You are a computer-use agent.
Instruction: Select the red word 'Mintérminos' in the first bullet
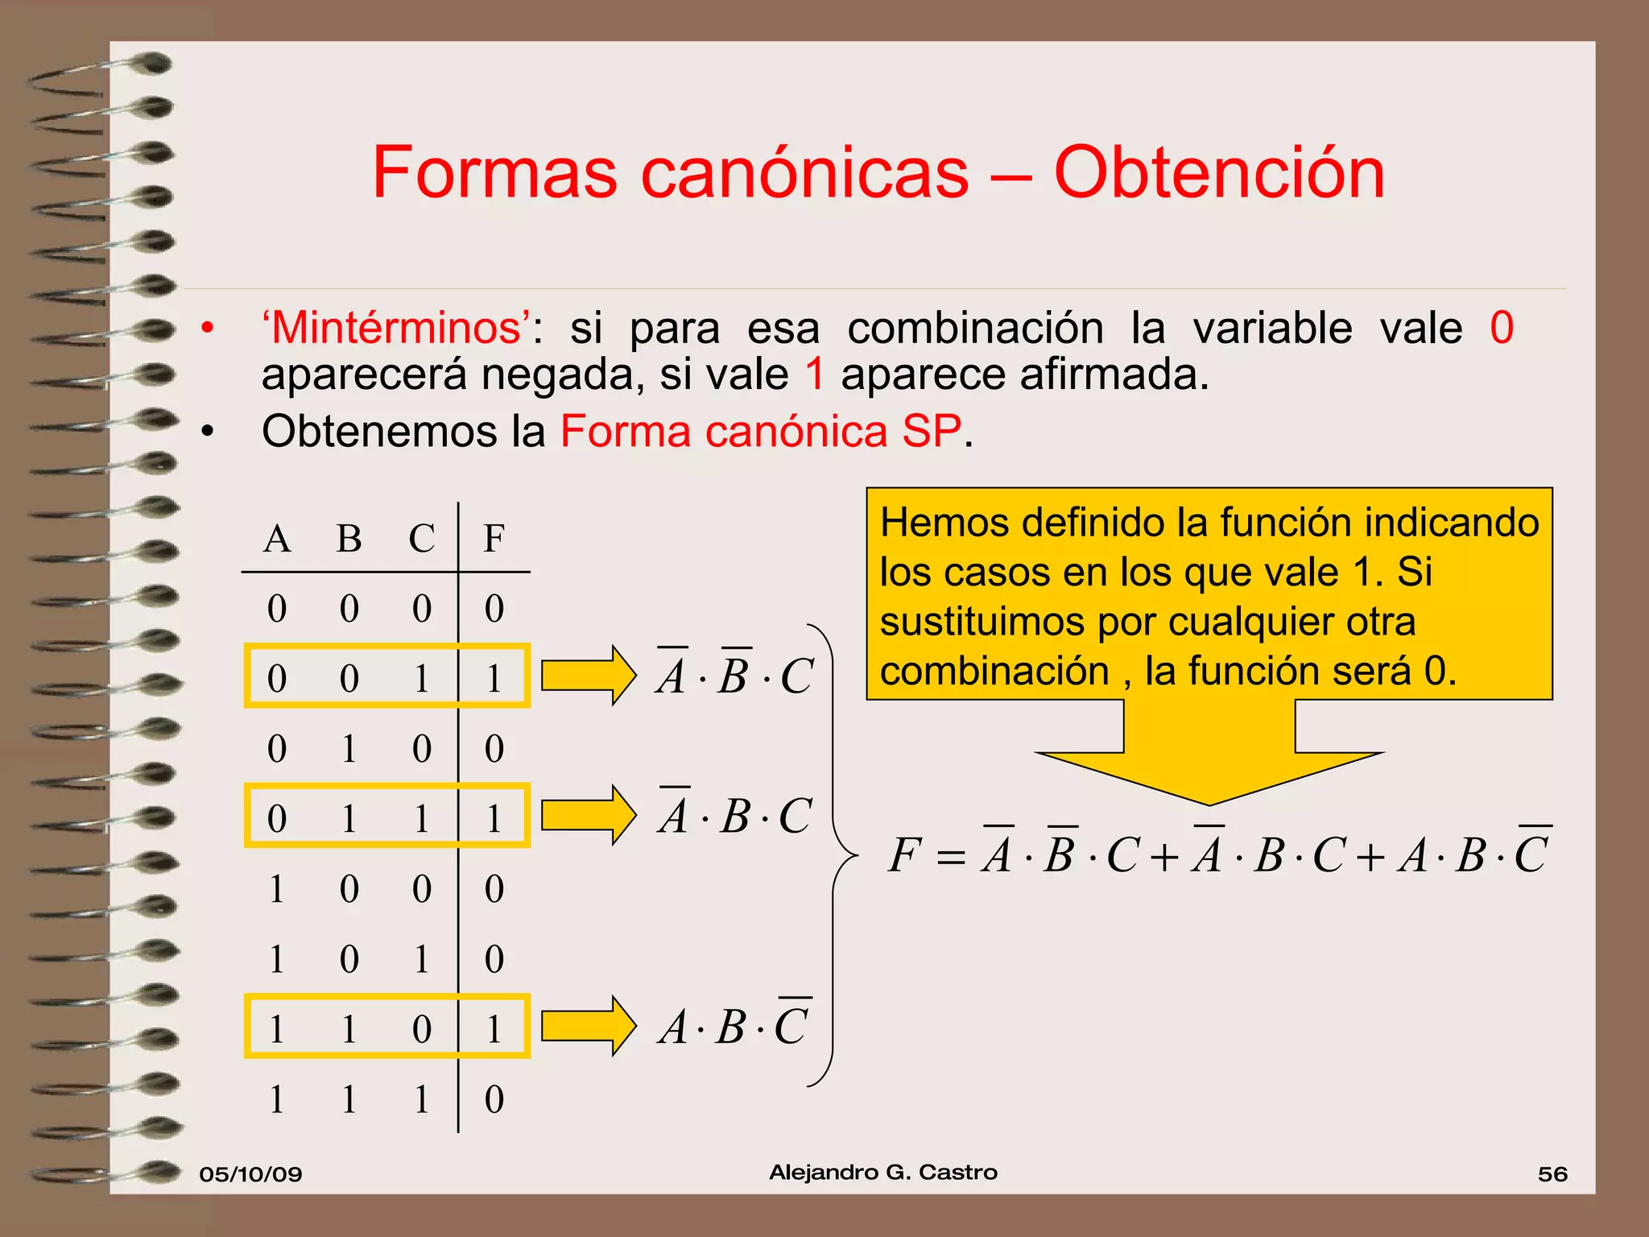(396, 329)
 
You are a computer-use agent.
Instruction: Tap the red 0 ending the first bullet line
(1501, 328)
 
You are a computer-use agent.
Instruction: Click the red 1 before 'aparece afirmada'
(815, 374)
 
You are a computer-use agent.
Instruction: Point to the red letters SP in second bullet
(932, 431)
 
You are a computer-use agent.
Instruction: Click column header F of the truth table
(494, 539)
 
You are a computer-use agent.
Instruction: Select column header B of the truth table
(349, 539)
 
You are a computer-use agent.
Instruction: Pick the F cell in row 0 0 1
(494, 678)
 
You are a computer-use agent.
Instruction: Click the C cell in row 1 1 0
(421, 1028)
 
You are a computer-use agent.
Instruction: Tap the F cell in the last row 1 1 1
(494, 1099)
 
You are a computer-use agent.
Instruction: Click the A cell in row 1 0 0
(276, 889)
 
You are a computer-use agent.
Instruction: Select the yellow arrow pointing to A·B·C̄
(588, 1026)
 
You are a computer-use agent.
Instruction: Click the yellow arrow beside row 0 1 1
(588, 815)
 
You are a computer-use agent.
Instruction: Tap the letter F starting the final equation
(903, 854)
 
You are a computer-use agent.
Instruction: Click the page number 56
(1552, 1173)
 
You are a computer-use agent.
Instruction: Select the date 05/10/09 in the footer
(250, 1173)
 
